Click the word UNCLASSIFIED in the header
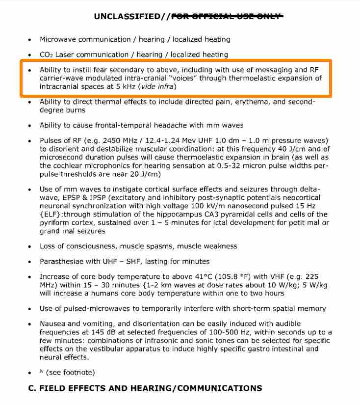127,16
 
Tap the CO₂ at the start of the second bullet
47,54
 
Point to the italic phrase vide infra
157,86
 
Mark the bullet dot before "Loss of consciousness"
30,246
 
